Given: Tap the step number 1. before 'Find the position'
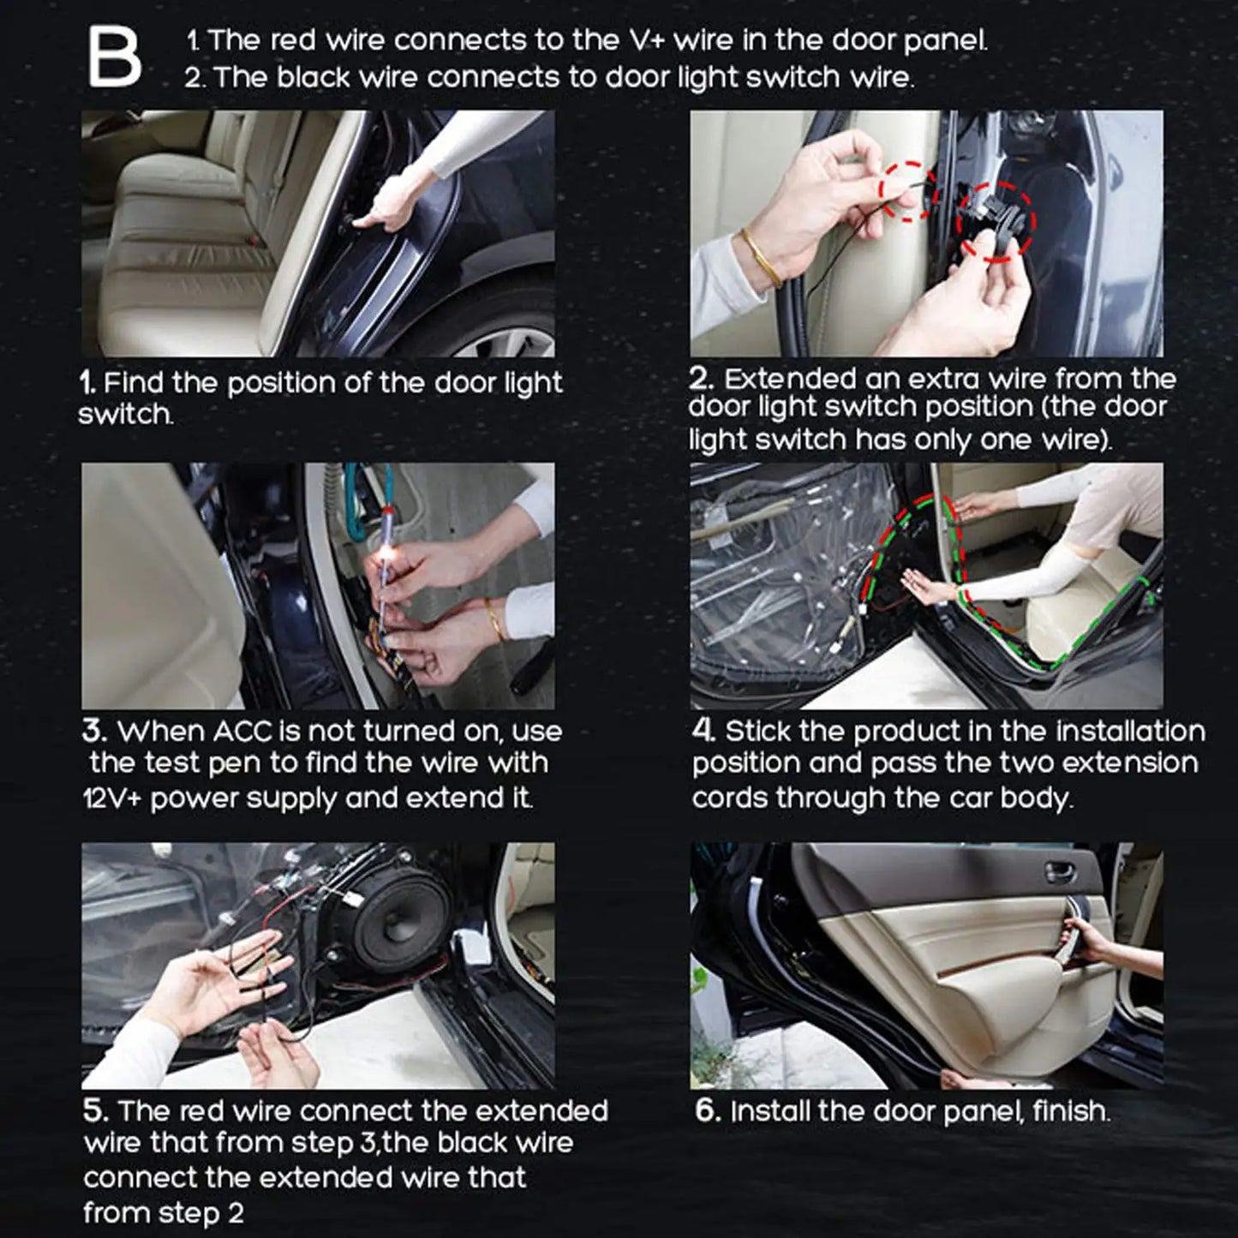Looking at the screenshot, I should pyautogui.click(x=88, y=383).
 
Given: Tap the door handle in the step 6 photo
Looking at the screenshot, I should pyautogui.click(x=1061, y=871).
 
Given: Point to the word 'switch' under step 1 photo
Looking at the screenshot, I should pyautogui.click(x=124, y=415).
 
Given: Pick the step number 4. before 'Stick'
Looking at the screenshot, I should pyautogui.click(x=703, y=732).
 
